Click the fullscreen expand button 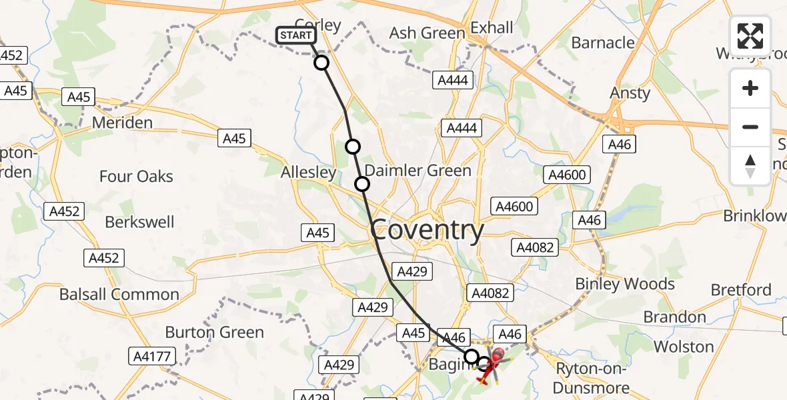pos(750,36)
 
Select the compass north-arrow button pos(750,166)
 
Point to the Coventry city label pos(427,231)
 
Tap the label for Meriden pos(122,123)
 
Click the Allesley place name pos(308,172)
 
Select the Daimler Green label pos(418,171)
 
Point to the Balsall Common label pos(119,294)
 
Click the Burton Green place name pos(214,332)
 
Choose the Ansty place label pos(630,93)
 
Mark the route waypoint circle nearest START pos(321,63)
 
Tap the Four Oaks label pos(136,177)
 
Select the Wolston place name pos(684,347)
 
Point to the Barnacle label pos(603,43)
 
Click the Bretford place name pos(741,290)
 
